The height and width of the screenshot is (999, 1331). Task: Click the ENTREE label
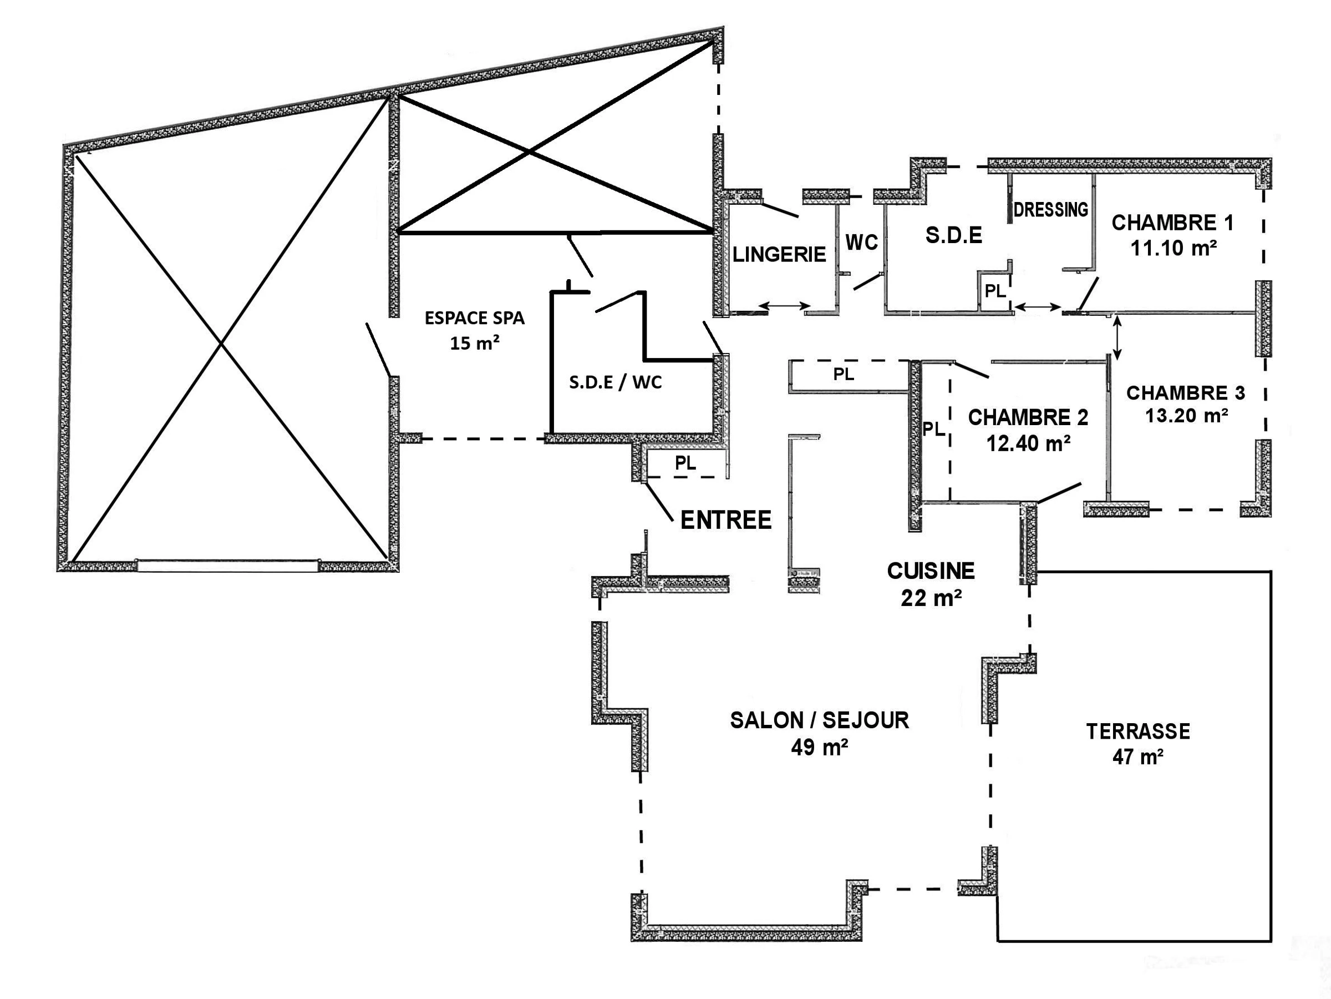(725, 520)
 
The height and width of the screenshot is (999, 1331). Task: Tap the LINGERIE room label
(779, 255)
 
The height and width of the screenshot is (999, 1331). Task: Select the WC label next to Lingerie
(861, 243)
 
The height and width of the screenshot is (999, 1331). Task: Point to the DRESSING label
(1050, 210)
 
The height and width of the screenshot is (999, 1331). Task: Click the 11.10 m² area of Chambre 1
(1173, 248)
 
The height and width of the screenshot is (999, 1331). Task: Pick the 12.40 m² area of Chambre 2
(1028, 444)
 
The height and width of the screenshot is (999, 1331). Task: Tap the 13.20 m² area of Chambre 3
(1186, 416)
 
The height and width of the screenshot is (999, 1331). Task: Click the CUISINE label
(930, 571)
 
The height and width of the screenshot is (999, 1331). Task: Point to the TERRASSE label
(1138, 731)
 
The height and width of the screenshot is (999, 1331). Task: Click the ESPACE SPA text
(474, 318)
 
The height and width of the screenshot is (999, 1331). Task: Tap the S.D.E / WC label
(615, 382)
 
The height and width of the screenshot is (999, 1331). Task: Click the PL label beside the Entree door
(685, 463)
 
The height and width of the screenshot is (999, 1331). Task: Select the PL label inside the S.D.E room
(994, 291)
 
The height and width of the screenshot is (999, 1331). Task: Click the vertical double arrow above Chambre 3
(1117, 338)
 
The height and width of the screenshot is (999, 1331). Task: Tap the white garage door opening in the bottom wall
(227, 565)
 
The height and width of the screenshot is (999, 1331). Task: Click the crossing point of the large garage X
(222, 345)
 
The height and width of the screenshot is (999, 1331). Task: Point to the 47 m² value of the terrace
(1137, 757)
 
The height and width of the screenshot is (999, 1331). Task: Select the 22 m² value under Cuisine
(930, 598)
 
